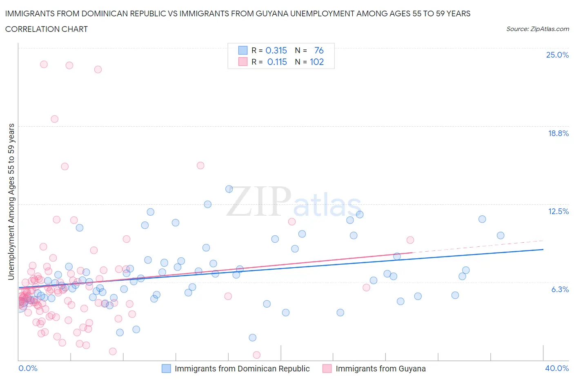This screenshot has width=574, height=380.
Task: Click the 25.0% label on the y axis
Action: pos(557,55)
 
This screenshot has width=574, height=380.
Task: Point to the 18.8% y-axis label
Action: pos(558,133)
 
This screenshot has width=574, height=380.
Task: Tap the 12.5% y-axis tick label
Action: pos(558,211)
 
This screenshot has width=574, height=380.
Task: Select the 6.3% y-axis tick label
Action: pos(560,289)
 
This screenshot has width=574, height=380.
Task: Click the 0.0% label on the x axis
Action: pos(28,368)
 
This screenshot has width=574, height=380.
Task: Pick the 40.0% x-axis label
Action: pos(557,368)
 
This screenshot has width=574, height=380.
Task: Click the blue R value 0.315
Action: pos(276,50)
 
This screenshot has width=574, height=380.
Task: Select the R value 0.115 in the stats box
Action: pos(277,62)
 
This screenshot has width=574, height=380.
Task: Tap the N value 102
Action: pos(317,62)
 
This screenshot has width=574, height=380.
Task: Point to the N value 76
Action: pos(319,50)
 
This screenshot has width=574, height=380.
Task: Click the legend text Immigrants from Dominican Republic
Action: pos(242,369)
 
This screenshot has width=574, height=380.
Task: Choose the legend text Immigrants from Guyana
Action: pos(380,369)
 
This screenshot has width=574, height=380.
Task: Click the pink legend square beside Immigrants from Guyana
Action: pos(327,369)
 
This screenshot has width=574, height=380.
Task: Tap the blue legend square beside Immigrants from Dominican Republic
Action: pos(166,369)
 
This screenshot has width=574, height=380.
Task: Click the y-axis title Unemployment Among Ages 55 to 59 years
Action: pos(11,202)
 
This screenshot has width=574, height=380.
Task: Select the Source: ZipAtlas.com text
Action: pos(537,29)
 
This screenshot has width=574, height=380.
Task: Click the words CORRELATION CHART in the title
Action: pos(47,29)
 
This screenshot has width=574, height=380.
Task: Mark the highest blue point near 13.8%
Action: pos(229,189)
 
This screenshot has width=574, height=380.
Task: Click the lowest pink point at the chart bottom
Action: pos(256,355)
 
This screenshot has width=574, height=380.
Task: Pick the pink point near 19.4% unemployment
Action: pos(54,119)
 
